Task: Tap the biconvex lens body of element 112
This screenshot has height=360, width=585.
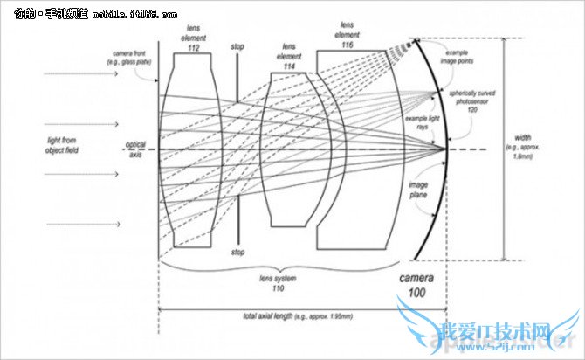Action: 191,149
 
